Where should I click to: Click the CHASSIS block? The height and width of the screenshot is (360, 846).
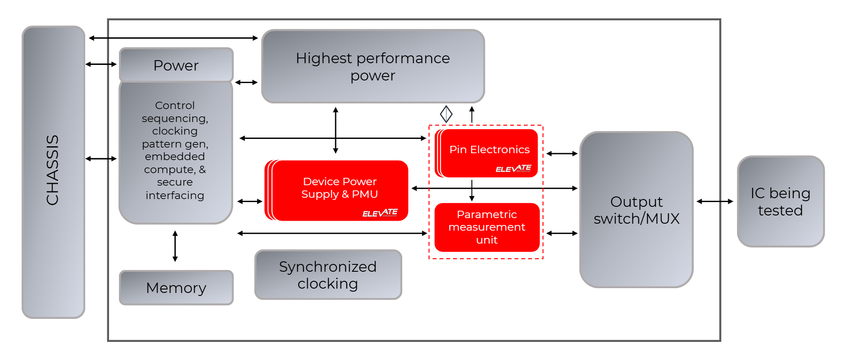53,172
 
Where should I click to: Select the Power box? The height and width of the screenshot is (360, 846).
176,65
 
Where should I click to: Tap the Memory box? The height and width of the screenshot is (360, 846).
176,288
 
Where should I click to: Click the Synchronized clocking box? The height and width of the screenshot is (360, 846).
328,275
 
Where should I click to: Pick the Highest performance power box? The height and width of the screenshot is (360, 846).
373,66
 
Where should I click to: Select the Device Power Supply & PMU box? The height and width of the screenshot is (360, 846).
340,190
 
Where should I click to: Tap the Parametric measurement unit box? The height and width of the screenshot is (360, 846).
487,227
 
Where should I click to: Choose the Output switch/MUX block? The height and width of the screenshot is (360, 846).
636,210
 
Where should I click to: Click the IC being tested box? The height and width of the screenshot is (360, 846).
781,202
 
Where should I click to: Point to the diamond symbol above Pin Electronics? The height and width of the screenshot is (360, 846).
446,114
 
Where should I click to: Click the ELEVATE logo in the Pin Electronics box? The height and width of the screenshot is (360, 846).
513,169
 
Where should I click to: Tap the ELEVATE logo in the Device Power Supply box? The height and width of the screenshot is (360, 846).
380,213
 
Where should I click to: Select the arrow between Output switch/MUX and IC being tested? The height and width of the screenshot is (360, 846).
715,201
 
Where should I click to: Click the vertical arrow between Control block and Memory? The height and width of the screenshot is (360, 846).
175,246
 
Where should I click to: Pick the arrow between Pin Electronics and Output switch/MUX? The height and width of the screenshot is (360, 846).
562,154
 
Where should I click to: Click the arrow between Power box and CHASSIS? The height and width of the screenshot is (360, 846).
101,64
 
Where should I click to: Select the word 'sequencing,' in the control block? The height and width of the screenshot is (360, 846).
175,118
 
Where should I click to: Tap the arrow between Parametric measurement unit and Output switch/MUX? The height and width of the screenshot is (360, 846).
562,233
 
